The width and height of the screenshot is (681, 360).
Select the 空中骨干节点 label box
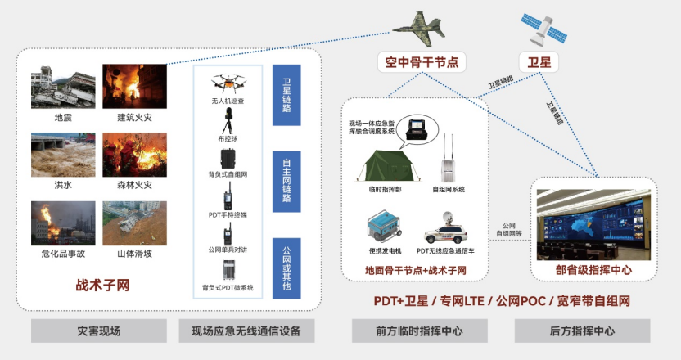point(422,61)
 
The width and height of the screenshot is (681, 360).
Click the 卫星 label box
point(539,61)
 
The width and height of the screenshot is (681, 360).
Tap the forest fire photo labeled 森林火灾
point(134,155)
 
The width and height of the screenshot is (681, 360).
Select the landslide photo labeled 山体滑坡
point(134,223)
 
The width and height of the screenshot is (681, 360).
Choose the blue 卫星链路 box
point(287,96)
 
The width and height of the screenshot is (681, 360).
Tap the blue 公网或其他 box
point(287,266)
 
